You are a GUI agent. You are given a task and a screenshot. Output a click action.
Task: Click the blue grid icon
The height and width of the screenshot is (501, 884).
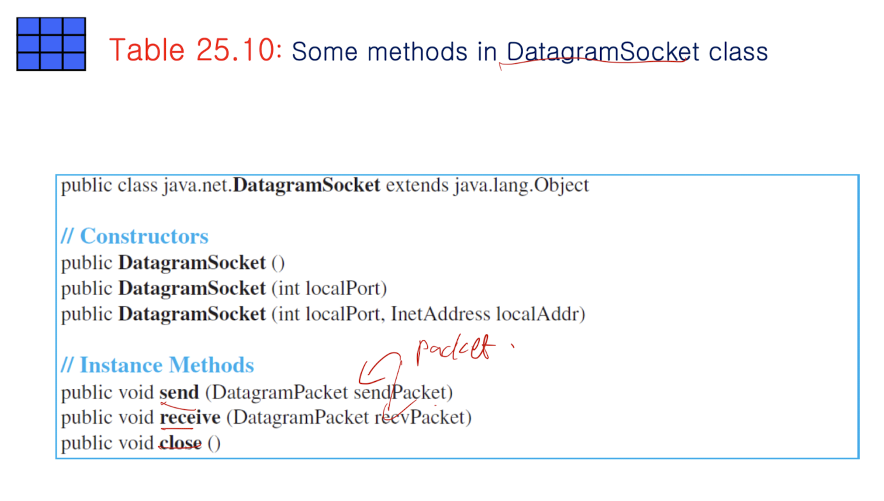pos(51,44)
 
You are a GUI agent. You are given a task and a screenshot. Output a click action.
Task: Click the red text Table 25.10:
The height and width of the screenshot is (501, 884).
pos(195,50)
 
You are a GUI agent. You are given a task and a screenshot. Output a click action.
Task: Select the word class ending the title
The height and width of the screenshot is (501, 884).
pos(738,52)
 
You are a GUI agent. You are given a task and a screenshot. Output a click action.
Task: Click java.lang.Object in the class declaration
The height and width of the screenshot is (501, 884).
pos(521,185)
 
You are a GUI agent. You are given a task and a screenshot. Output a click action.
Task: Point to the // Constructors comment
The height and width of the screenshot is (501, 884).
pos(135,236)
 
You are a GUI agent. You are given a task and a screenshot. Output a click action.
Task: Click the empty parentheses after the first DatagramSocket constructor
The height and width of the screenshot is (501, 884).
pos(277,263)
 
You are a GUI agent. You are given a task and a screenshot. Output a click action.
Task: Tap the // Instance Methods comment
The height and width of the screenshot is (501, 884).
pos(158,365)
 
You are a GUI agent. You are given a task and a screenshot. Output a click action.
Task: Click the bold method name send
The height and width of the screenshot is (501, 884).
pos(179,392)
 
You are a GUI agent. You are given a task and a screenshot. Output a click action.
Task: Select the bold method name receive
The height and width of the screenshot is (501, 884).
pos(190,417)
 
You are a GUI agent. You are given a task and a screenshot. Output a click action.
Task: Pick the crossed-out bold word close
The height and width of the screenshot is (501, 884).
pos(180,443)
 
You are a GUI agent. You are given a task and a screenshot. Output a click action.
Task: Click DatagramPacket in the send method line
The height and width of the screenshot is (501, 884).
pos(280,392)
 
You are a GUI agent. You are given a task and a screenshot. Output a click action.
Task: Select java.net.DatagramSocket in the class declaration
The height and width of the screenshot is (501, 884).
pos(271,185)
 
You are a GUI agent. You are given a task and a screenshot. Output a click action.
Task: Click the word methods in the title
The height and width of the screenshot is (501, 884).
pos(417,52)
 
